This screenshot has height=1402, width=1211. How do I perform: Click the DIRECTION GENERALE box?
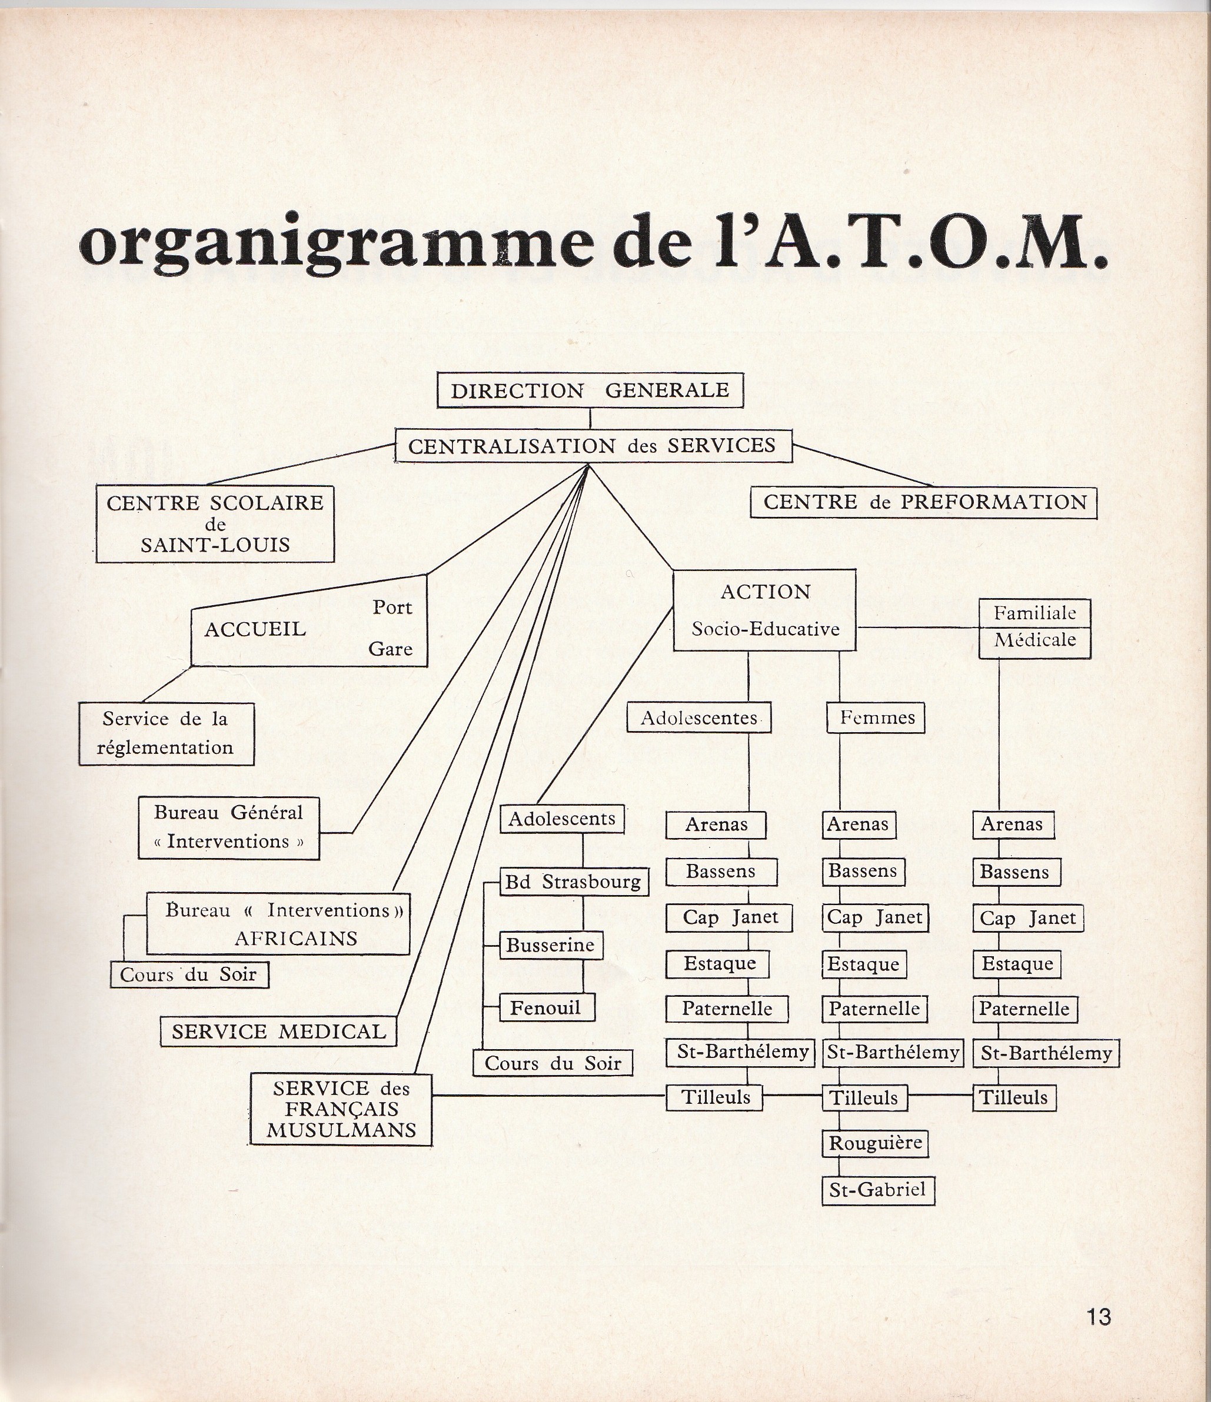[590, 390]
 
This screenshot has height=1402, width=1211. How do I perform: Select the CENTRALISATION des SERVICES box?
[593, 446]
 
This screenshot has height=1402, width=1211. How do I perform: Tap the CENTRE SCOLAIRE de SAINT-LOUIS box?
[215, 524]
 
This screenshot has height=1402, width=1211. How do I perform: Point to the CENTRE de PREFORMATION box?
[924, 502]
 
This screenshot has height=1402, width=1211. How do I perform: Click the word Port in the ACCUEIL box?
[392, 607]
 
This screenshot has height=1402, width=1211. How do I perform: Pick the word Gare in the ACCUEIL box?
[391, 649]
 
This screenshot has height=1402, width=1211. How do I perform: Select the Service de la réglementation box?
[166, 733]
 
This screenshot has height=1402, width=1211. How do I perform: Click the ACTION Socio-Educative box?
[764, 610]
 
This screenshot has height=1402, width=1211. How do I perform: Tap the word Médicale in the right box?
[1035, 639]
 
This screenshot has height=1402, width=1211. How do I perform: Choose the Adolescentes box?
[699, 718]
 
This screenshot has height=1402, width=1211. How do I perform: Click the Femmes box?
[877, 717]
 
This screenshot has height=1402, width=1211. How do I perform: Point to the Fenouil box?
[547, 1007]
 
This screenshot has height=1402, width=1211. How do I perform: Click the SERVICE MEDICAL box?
[278, 1031]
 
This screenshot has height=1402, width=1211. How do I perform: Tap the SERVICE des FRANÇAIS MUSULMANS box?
[341, 1109]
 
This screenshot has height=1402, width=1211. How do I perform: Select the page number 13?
[1098, 1317]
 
